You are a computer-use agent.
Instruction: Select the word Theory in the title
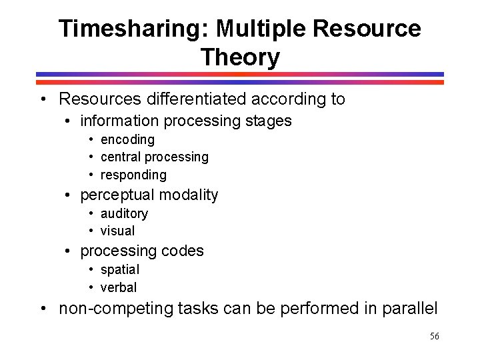[x=240, y=57]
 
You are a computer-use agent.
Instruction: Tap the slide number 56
[x=434, y=337]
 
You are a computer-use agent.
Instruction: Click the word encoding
[x=127, y=140]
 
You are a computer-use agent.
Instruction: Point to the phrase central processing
[x=154, y=157]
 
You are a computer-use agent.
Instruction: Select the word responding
[x=133, y=175]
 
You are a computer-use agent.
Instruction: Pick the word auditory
[x=124, y=213]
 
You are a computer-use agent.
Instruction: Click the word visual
[x=117, y=231]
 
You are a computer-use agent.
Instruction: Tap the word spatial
[x=120, y=270]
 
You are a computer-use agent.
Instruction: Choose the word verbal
[x=119, y=287]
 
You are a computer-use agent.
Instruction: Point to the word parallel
[x=409, y=309]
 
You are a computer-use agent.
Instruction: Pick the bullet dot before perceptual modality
[x=68, y=195]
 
